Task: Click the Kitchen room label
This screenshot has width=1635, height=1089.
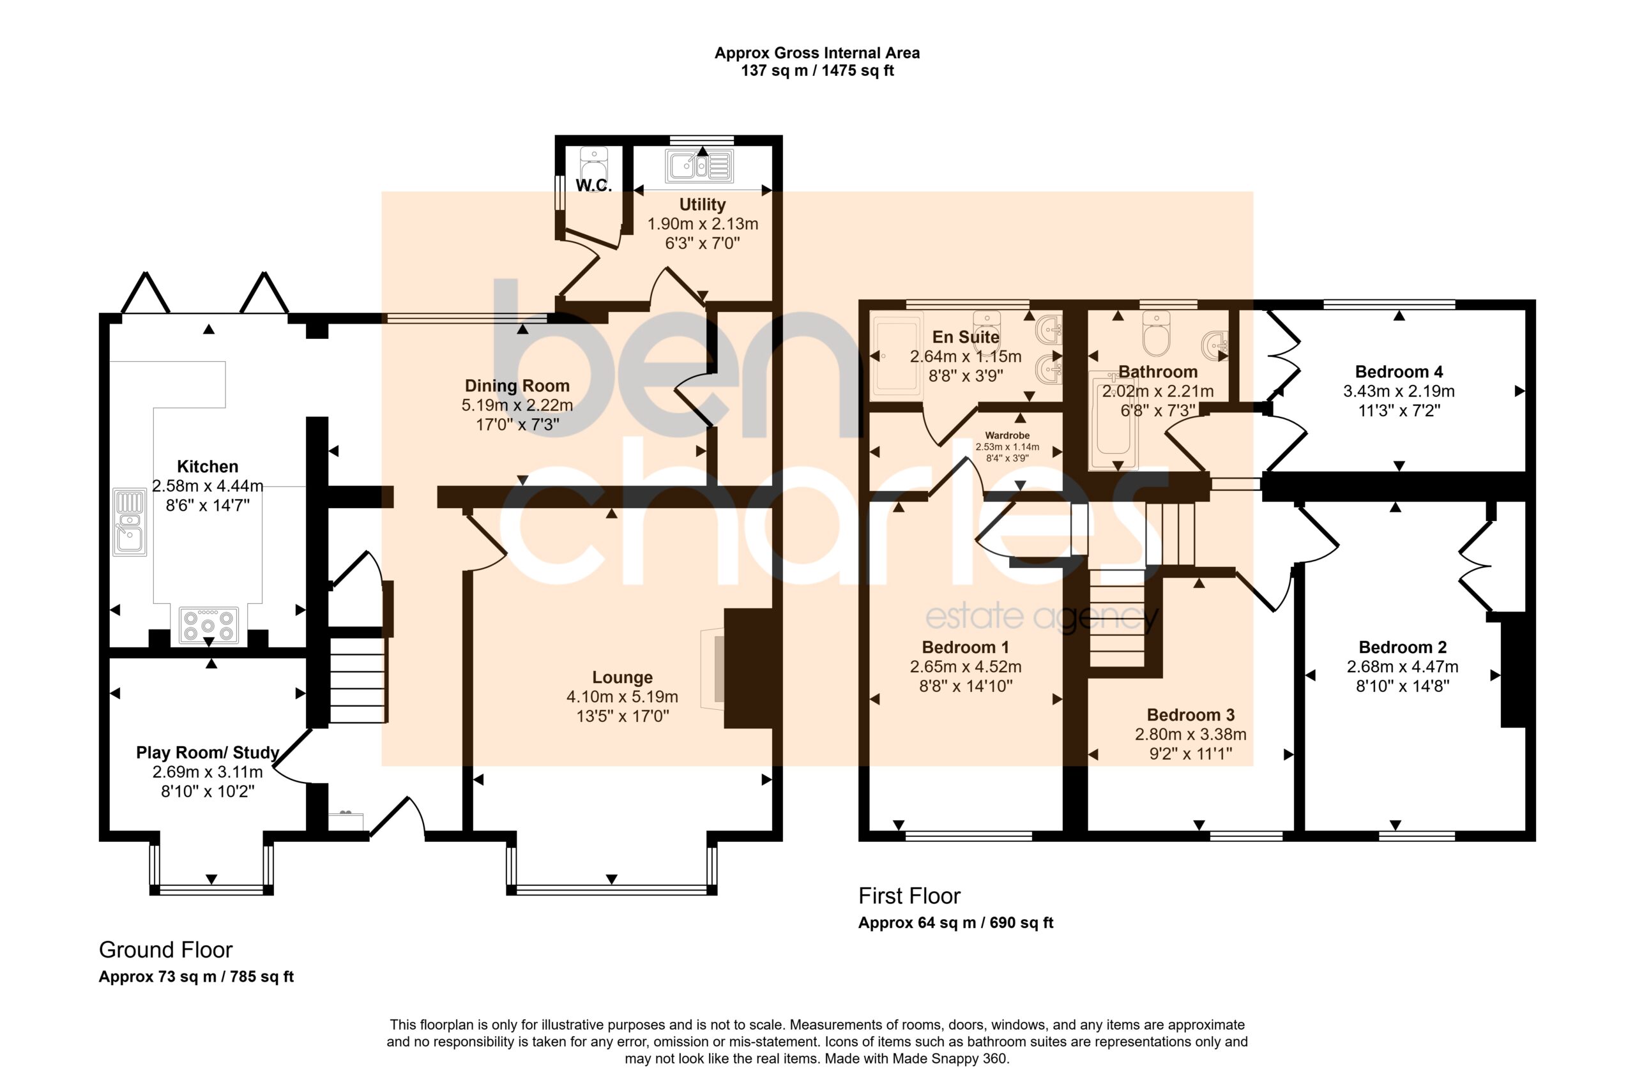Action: pos(207,467)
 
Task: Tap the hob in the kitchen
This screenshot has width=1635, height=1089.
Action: pos(208,624)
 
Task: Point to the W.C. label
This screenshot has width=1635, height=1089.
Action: pos(593,185)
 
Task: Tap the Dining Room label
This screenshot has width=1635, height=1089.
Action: pos(517,386)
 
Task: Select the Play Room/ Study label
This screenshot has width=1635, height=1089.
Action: pos(207,753)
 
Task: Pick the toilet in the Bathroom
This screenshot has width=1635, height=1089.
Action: pos(1156,332)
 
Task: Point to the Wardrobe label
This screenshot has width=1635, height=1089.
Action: pos(1007,435)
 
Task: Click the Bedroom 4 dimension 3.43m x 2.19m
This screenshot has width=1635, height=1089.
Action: pos(1398,392)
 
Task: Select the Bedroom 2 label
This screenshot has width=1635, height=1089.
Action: pos(1403,647)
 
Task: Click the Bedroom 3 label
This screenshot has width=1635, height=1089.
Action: pos(1190,715)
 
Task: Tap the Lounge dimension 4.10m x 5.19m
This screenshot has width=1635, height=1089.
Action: pos(622,696)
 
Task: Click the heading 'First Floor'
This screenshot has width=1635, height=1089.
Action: pos(909,896)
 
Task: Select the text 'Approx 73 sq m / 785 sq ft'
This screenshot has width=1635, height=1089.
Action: pos(196,977)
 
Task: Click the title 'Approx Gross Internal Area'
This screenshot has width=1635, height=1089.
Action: pos(817,53)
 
